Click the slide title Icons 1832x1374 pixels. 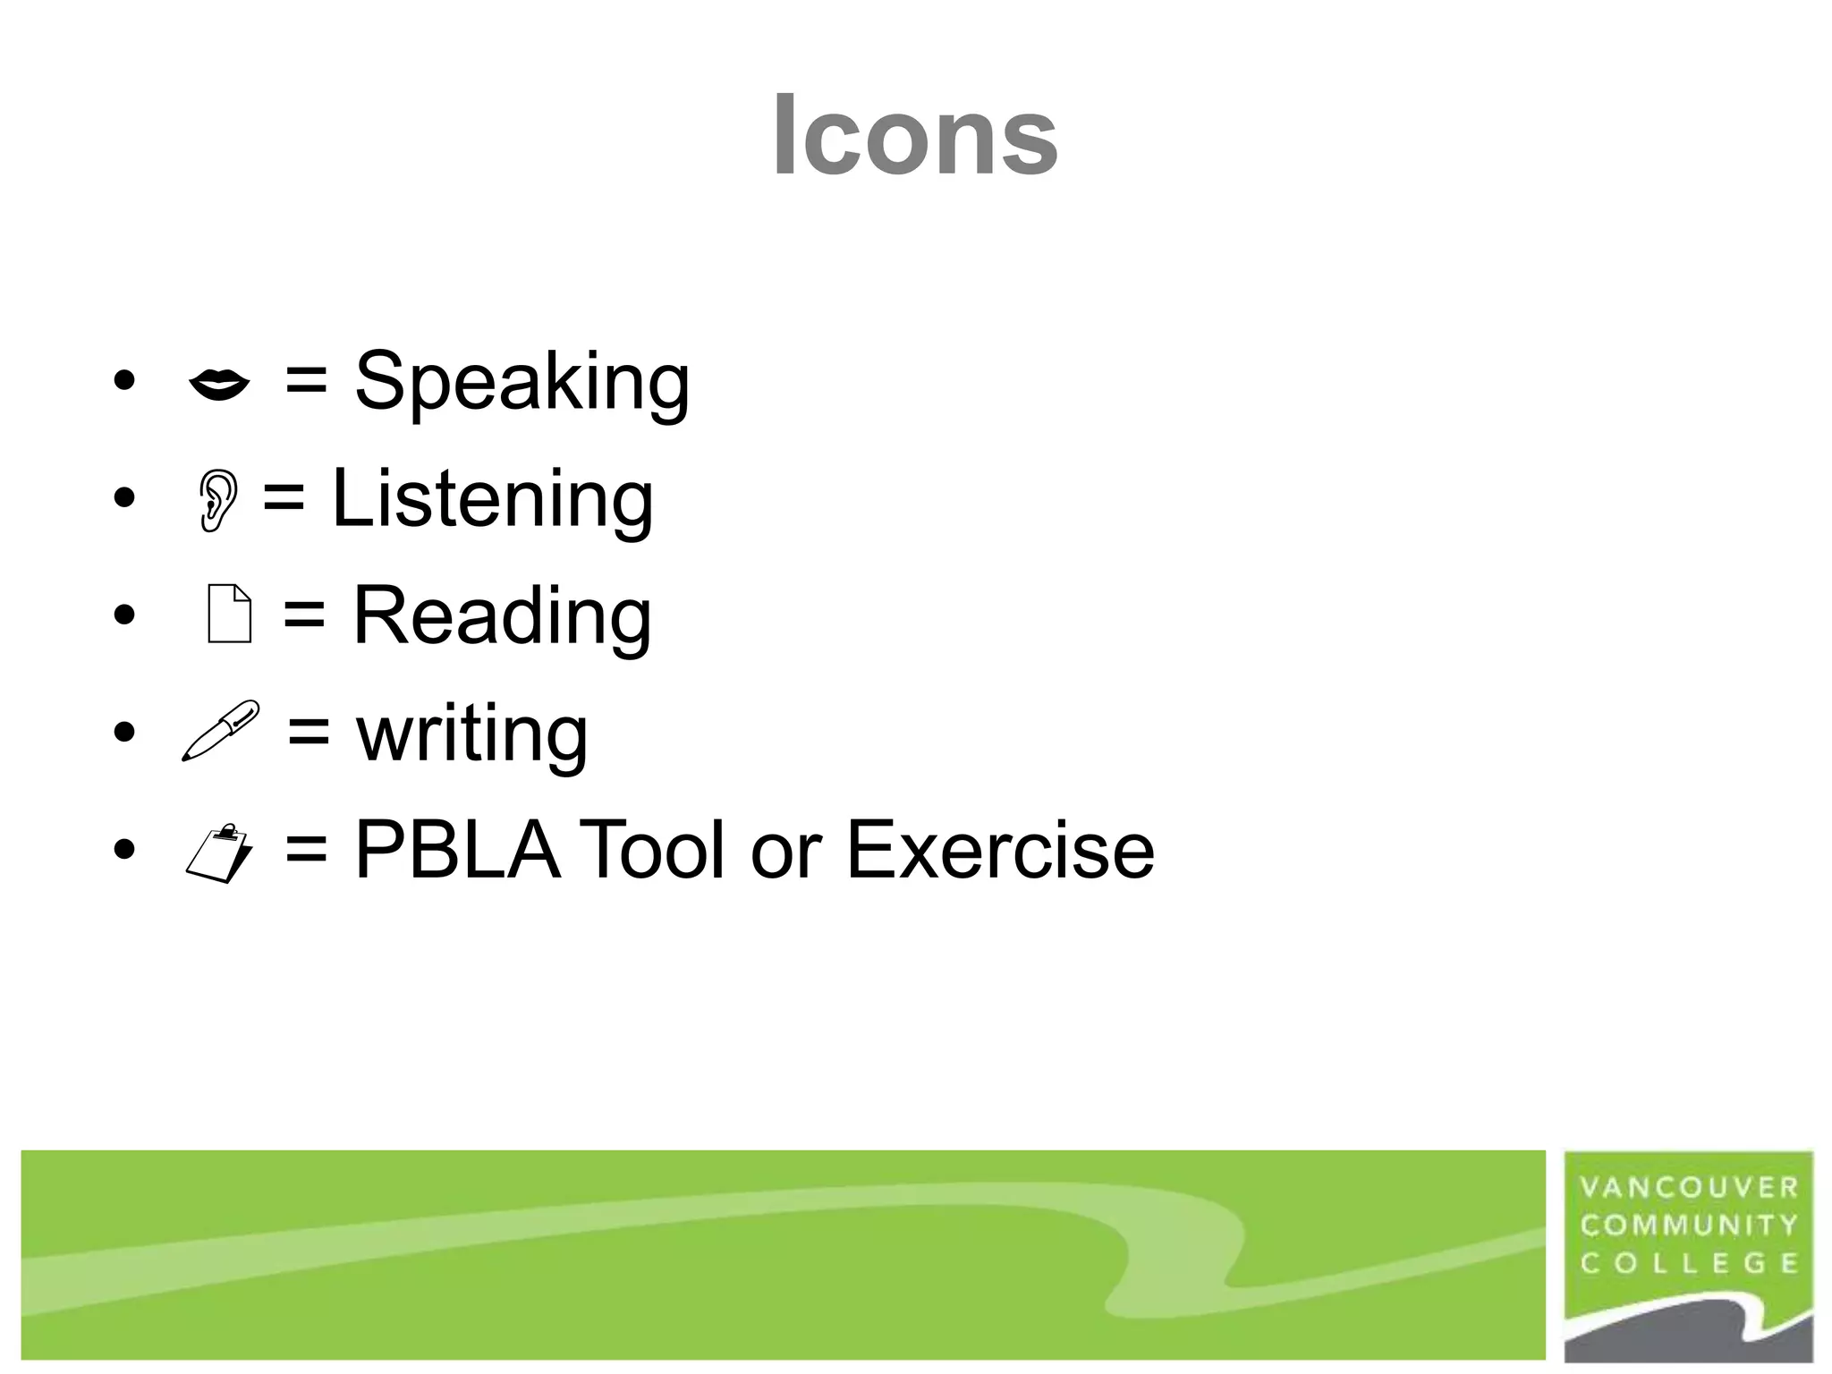(x=914, y=136)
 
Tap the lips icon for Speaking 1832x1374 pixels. (x=219, y=385)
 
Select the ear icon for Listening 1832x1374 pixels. (x=218, y=501)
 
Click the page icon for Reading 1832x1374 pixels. (x=229, y=614)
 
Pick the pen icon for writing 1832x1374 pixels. (x=220, y=731)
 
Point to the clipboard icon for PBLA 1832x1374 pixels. (x=219, y=853)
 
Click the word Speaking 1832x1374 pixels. (x=522, y=382)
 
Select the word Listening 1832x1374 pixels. (x=492, y=498)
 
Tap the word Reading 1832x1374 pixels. (x=502, y=615)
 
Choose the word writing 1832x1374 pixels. (x=471, y=733)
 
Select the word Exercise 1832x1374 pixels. (x=999, y=850)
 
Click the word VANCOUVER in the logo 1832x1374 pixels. (x=1689, y=1188)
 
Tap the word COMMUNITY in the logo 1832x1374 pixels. (x=1689, y=1226)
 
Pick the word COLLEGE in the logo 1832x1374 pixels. (x=1689, y=1263)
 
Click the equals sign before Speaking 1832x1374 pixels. (x=306, y=382)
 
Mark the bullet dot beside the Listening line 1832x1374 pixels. (x=124, y=498)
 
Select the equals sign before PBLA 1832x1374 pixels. (x=306, y=850)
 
